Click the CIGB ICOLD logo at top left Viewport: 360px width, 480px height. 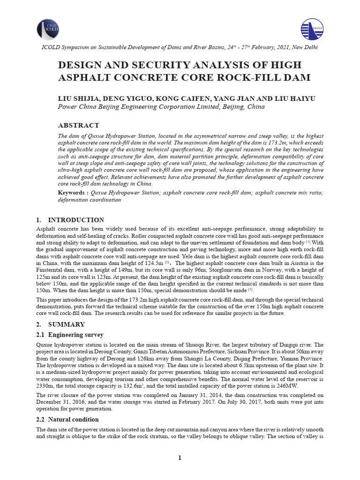pos(48,29)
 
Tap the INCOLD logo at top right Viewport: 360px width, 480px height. pos(312,29)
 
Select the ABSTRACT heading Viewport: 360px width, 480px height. pos(78,126)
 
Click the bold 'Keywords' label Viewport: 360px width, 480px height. pos(72,193)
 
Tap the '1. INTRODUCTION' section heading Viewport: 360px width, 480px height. pos(70,220)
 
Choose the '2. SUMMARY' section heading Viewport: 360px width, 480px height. pos(61,324)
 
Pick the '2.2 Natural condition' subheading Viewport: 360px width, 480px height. pos(67,419)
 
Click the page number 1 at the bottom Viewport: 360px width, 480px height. pos(180,457)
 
